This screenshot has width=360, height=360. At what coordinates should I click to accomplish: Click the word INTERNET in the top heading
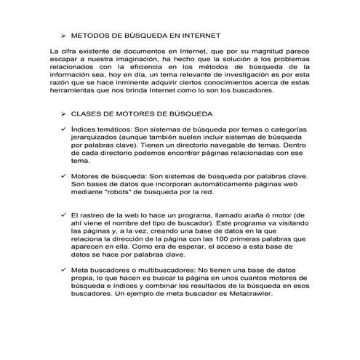point(196,35)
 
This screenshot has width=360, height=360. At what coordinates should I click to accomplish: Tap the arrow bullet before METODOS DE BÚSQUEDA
point(64,35)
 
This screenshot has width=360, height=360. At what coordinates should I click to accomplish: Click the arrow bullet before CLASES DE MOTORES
point(64,114)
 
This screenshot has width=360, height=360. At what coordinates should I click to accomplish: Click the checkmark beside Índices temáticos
point(64,129)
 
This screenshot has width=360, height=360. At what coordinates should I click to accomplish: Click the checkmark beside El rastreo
point(64,217)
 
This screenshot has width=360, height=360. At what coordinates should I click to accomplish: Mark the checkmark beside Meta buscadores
point(64,270)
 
